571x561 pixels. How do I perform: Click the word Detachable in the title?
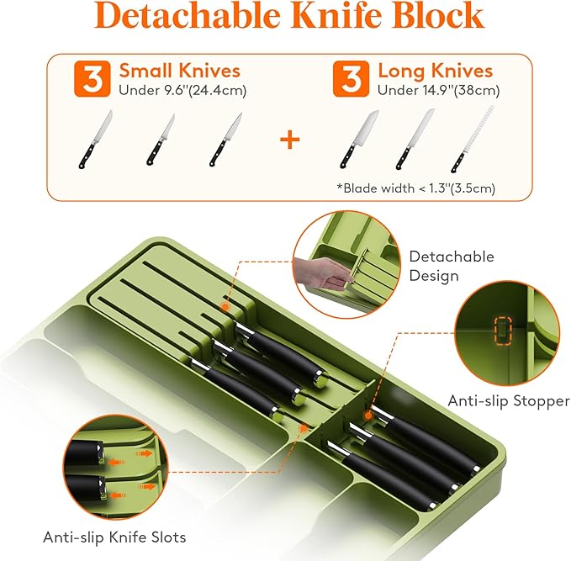pyautogui.click(x=188, y=15)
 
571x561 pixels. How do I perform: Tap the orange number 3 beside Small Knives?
pyautogui.click(x=93, y=79)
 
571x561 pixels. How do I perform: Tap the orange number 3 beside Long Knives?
pyautogui.click(x=351, y=79)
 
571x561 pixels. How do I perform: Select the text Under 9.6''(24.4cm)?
pyautogui.click(x=182, y=90)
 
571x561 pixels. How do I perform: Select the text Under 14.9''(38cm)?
pyautogui.click(x=438, y=90)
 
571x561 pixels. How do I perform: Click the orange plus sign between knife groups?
pyautogui.click(x=290, y=140)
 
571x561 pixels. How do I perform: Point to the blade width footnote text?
pyautogui.click(x=416, y=188)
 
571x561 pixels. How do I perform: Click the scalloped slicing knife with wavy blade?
pyautogui.click(x=473, y=139)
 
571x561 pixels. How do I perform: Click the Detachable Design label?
pyautogui.click(x=452, y=266)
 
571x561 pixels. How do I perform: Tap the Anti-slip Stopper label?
pyautogui.click(x=509, y=401)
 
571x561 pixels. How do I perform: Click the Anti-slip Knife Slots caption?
pyautogui.click(x=114, y=537)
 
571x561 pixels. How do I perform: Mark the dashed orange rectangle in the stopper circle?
pyautogui.click(x=504, y=331)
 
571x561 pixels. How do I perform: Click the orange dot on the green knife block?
pyautogui.click(x=225, y=308)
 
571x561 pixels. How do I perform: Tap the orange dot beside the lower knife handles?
pyautogui.click(x=368, y=415)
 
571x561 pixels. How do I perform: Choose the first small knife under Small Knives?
pyautogui.click(x=95, y=140)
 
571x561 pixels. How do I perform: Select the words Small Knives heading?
pyautogui.click(x=180, y=71)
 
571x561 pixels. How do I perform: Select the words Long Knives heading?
pyautogui.click(x=436, y=71)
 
